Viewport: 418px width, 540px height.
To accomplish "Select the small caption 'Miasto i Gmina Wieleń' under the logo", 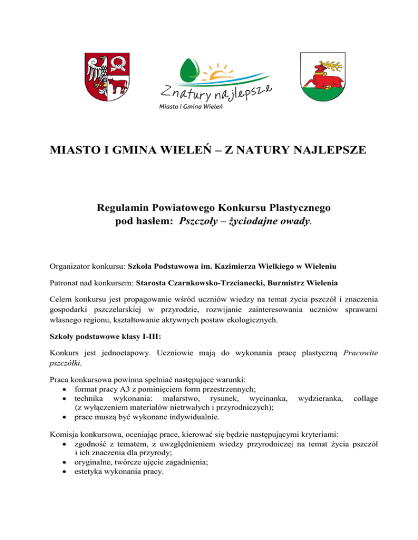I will click(x=190, y=106).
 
